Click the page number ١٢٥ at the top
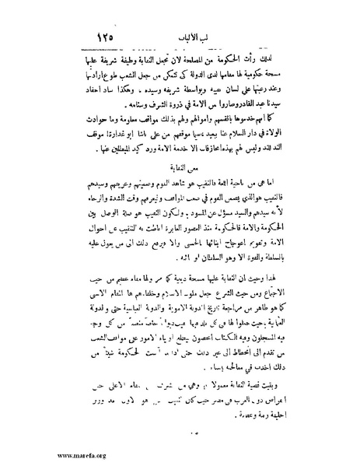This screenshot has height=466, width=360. (x=114, y=34)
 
